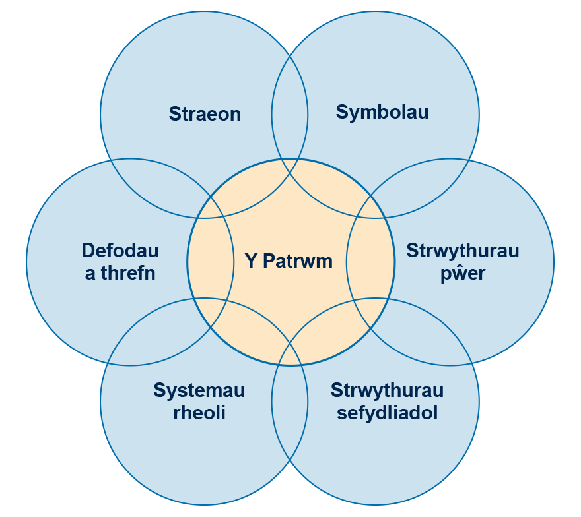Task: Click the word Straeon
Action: [205, 114]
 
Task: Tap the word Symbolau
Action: [382, 111]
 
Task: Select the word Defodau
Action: [120, 251]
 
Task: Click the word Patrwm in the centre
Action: [298, 261]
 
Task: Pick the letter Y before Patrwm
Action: [251, 261]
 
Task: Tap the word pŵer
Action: [462, 273]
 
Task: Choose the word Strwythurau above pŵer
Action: [462, 251]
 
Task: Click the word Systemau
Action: [199, 390]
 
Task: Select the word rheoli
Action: [199, 413]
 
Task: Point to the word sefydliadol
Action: [387, 413]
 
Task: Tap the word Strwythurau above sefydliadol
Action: [387, 390]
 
